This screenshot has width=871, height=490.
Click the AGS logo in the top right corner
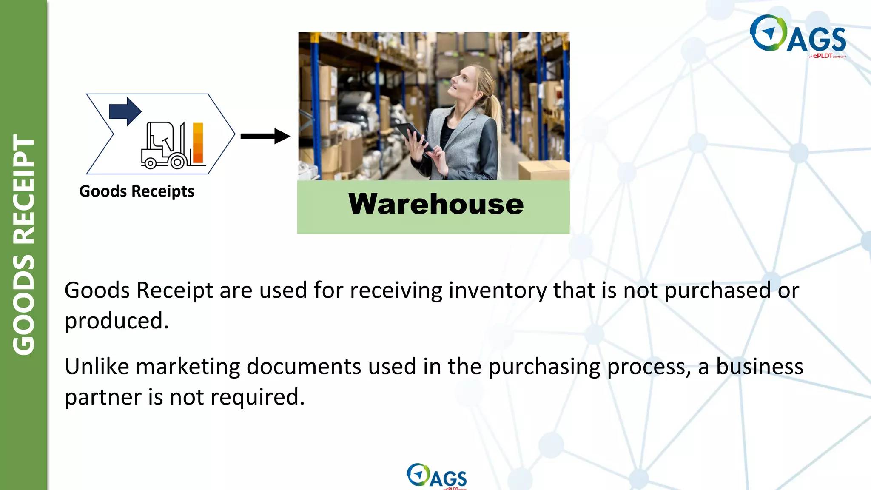click(x=797, y=35)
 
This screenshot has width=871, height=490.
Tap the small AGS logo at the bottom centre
click(x=436, y=476)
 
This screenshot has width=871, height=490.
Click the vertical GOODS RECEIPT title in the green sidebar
click(x=24, y=245)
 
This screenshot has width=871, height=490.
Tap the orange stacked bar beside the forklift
click(x=198, y=143)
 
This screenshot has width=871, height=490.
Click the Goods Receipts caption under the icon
click(x=137, y=191)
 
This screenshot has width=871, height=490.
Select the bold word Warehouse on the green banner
click(x=436, y=204)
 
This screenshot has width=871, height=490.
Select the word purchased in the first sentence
click(x=717, y=291)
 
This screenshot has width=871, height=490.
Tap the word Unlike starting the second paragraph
click(x=97, y=366)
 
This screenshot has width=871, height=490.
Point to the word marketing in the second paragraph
click(x=188, y=366)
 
